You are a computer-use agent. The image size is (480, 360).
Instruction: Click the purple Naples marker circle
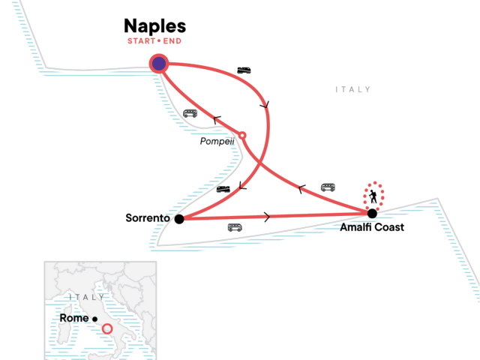click(x=159, y=64)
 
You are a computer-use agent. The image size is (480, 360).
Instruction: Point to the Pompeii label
click(x=217, y=141)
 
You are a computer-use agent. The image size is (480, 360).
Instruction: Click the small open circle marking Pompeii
click(x=241, y=136)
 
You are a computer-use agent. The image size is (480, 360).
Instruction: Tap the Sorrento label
click(x=148, y=218)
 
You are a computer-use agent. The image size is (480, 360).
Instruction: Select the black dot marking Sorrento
click(x=178, y=219)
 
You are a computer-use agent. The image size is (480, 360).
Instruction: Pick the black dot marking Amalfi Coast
click(x=372, y=213)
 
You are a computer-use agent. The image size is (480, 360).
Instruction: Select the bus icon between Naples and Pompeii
click(x=190, y=114)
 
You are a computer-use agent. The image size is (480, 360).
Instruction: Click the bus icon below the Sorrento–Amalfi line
click(x=235, y=227)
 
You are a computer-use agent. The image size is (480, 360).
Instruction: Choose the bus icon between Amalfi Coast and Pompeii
click(x=328, y=187)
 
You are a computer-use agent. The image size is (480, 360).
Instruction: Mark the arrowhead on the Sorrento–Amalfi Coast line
click(x=268, y=217)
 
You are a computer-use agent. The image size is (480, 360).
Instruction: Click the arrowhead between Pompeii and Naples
click(x=217, y=118)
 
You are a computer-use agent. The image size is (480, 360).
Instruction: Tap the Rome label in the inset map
click(x=73, y=318)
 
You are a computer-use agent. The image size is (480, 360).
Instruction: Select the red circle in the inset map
click(x=107, y=328)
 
